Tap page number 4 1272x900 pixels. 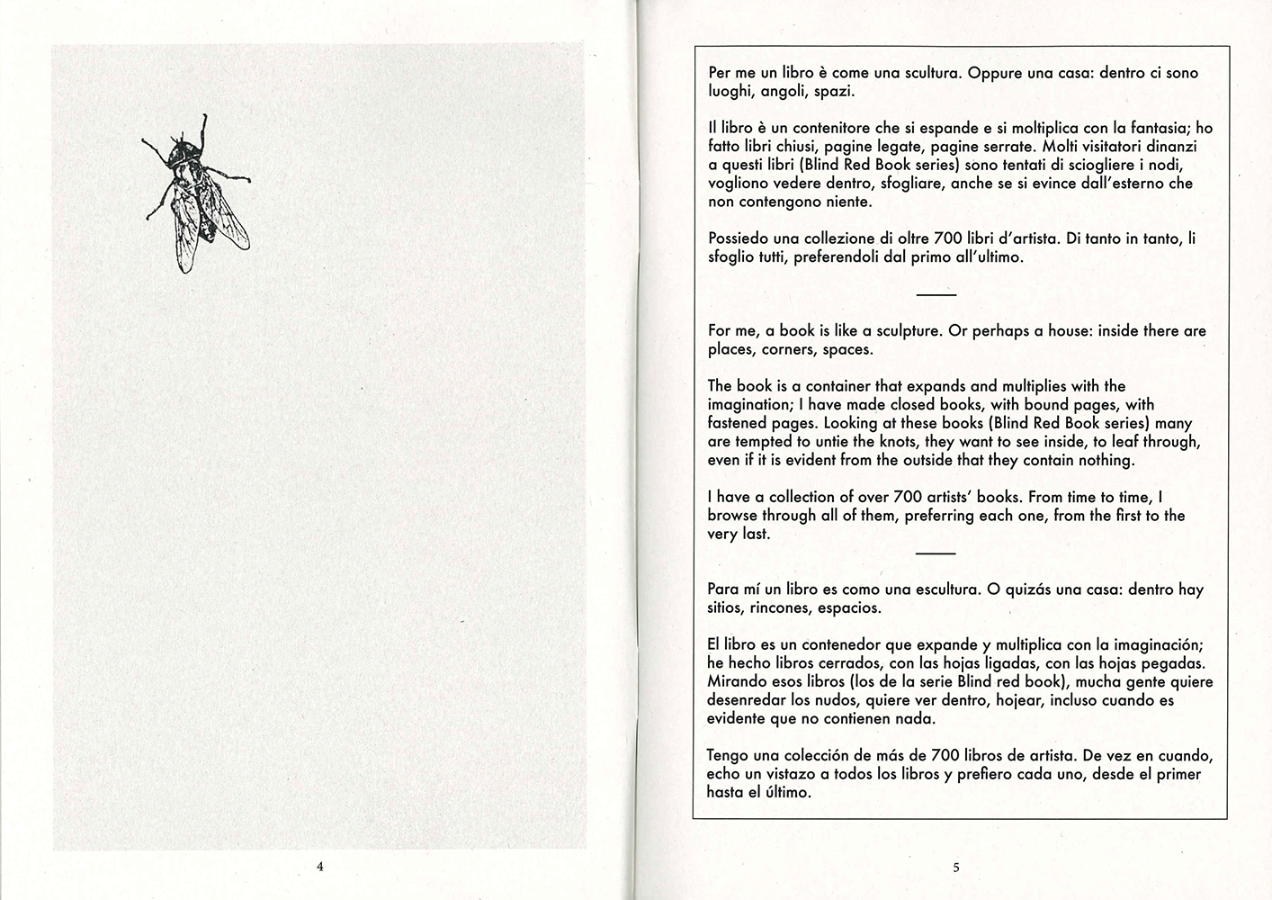click(x=319, y=868)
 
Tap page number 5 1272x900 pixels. click(x=956, y=868)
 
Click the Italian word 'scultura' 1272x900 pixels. click(x=927, y=73)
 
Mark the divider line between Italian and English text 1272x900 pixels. click(x=936, y=294)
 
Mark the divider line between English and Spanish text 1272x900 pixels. click(x=936, y=553)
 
